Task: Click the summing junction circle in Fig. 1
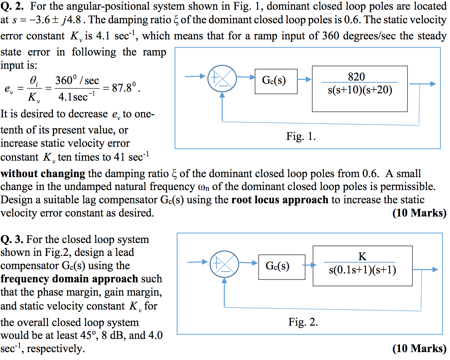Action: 222,78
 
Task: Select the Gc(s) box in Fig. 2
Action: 282,267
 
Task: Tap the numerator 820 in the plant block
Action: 356,77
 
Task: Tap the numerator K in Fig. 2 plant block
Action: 362,256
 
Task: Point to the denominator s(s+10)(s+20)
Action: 360,90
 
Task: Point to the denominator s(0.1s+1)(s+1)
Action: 362,270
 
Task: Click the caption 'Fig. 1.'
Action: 301,136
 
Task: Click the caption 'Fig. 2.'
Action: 303,322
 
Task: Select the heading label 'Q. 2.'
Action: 12,6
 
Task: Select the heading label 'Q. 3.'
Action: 12,239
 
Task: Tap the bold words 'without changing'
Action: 43,174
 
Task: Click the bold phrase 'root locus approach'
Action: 280,200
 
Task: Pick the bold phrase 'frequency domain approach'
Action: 69,279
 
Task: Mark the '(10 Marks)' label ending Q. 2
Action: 419,213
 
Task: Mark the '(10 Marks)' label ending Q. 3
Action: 419,348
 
